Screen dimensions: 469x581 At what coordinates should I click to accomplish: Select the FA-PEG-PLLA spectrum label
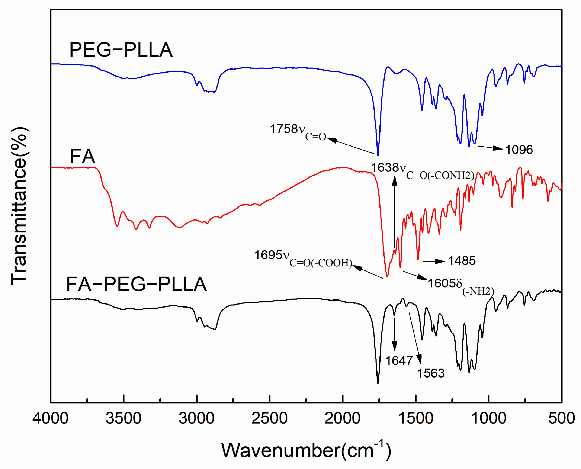(137, 284)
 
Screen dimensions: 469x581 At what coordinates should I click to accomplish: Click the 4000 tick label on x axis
(51, 418)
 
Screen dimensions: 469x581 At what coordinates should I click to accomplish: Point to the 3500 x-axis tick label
(123, 418)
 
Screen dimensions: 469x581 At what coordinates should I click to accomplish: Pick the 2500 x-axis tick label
(269, 418)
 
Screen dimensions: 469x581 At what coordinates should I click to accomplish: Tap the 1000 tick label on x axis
(489, 418)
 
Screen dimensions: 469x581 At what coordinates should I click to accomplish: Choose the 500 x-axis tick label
(561, 418)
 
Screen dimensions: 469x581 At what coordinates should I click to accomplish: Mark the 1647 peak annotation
(399, 361)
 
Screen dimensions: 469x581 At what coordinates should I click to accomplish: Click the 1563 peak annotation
(431, 373)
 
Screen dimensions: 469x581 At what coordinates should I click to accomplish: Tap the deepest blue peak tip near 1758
(378, 155)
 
